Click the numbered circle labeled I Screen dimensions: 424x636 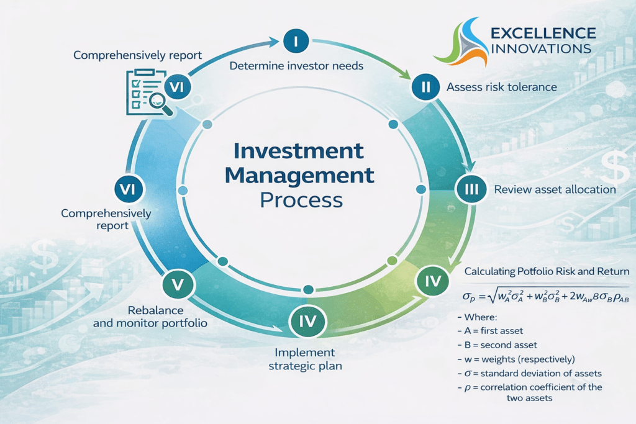[296, 42]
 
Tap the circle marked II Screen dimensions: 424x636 [425, 88]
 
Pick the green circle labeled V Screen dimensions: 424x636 [178, 284]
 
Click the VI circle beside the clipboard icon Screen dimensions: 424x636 [176, 88]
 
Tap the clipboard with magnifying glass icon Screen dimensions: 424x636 [143, 93]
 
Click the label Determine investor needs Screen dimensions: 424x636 [296, 66]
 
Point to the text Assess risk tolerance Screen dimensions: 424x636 [502, 88]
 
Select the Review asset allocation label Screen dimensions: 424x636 [555, 189]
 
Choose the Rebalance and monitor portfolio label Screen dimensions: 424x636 [150, 317]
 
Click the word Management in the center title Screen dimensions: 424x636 [299, 176]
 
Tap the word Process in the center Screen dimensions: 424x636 [301, 201]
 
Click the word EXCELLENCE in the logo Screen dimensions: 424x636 [543, 33]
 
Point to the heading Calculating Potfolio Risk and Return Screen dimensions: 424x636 [547, 272]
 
